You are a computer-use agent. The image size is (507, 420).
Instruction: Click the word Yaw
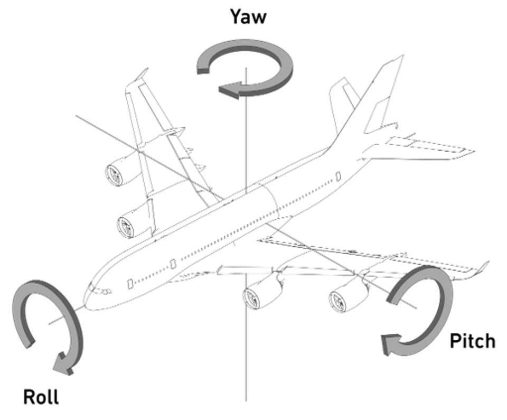(248, 16)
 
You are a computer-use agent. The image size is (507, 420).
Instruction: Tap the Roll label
(41, 396)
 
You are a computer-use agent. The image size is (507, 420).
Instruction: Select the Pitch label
(472, 341)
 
